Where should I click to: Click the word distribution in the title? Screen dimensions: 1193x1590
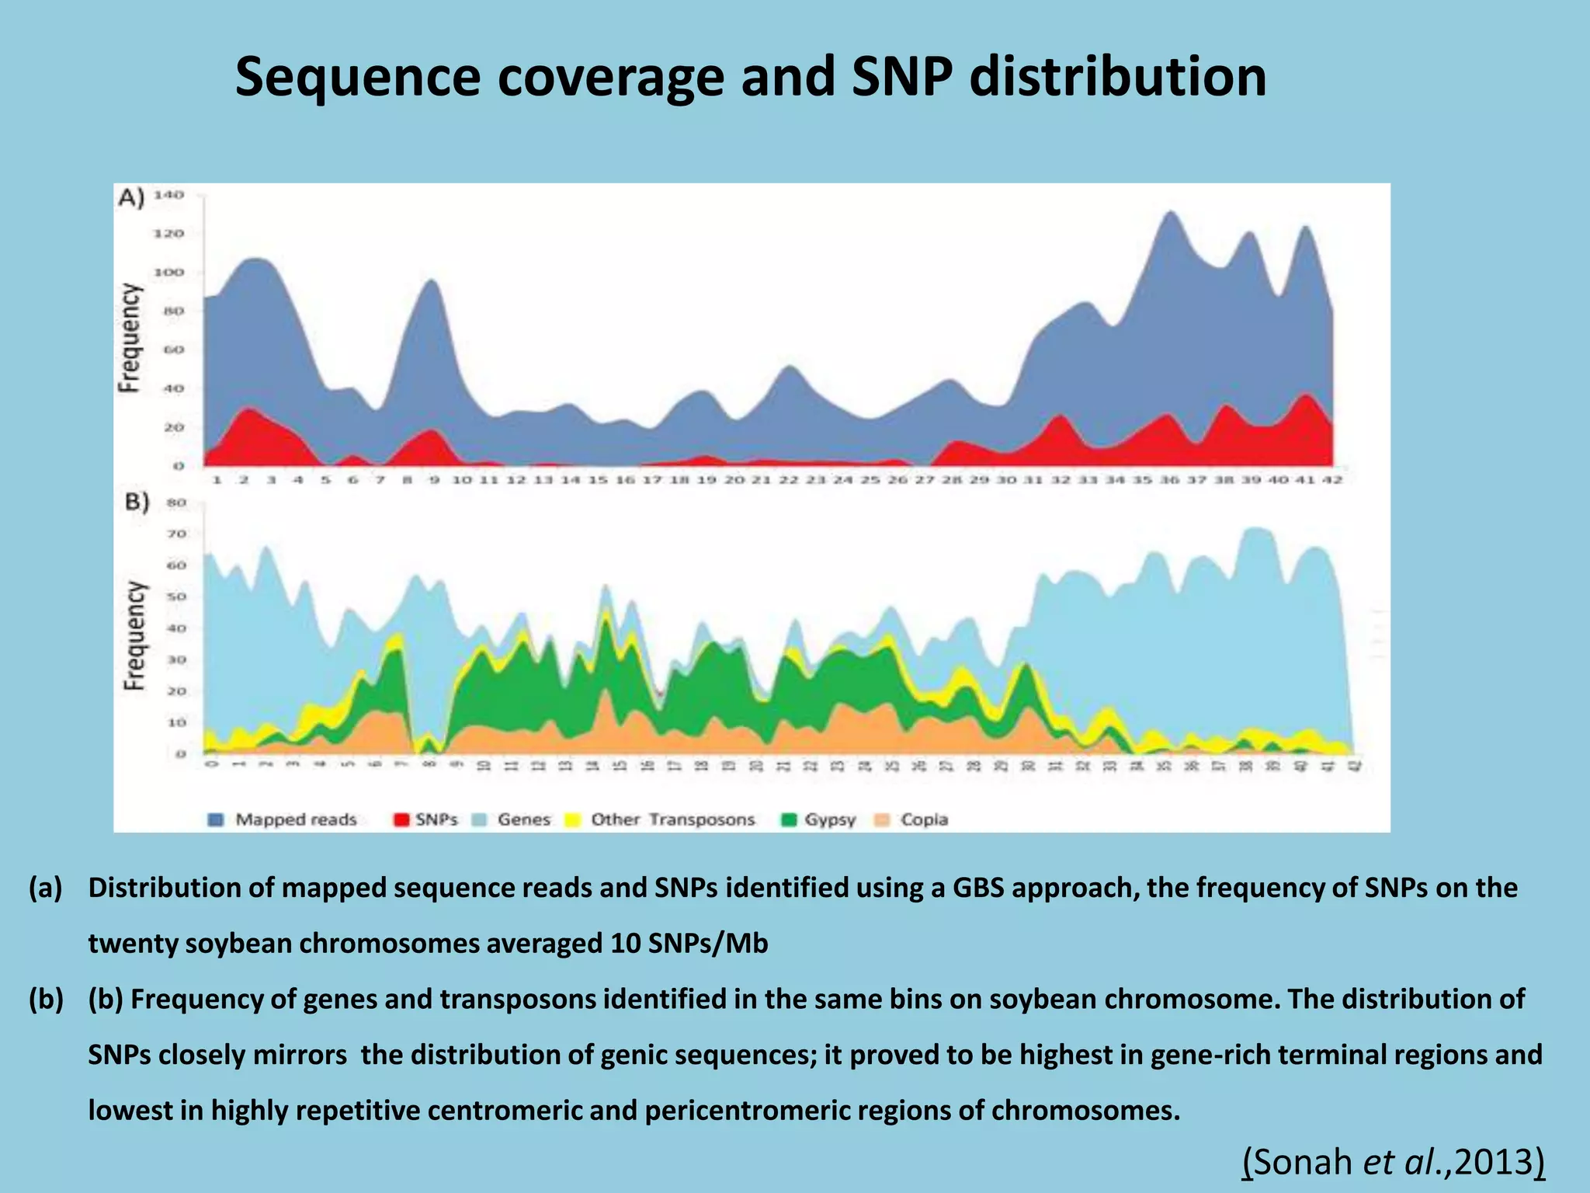pyautogui.click(x=1117, y=78)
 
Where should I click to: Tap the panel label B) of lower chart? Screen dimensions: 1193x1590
pyautogui.click(x=137, y=503)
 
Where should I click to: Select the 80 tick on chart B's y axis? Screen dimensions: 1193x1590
pyautogui.click(x=177, y=503)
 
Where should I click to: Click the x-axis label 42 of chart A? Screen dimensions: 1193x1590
pyautogui.click(x=1332, y=480)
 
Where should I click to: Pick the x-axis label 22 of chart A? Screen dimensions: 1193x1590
pyautogui.click(x=789, y=480)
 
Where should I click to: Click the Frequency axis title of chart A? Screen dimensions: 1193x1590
pyautogui.click(x=130, y=338)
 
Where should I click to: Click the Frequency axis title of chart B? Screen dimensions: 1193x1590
pyautogui.click(x=135, y=635)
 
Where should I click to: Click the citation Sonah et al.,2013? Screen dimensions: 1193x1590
pyautogui.click(x=1394, y=1163)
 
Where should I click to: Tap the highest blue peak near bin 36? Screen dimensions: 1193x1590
pyautogui.click(x=1170, y=214)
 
